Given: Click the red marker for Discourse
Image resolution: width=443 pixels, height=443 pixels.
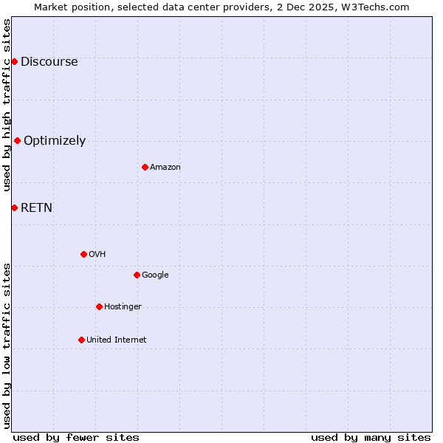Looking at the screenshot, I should [x=14, y=61].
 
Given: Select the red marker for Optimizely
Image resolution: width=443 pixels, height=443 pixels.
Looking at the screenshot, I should [x=17, y=140].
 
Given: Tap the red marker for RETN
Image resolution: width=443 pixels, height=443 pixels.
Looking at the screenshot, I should [x=14, y=207].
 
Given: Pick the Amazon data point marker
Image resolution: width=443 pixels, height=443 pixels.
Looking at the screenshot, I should [x=145, y=167].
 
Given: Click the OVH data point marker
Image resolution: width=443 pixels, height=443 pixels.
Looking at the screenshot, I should [x=83, y=254].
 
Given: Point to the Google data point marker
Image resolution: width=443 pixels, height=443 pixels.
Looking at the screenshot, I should [x=137, y=275].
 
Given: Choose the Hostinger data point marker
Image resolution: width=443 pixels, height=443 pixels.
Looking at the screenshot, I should [x=99, y=306].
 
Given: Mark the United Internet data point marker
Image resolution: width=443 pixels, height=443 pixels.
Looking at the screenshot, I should [x=81, y=340].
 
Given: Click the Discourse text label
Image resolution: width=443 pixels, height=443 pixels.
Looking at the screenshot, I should [x=49, y=61].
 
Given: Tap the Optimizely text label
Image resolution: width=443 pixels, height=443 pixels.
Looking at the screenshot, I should [x=55, y=140].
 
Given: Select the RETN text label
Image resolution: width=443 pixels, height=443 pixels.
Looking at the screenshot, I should [x=36, y=207].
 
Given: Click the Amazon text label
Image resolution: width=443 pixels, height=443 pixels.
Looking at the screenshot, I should [x=165, y=167].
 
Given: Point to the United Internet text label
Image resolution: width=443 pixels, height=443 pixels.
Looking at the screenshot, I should [x=116, y=340].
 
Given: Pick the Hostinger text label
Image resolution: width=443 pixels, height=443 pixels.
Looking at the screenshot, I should [x=123, y=306].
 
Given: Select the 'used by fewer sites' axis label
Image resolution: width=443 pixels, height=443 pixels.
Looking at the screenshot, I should [x=76, y=437].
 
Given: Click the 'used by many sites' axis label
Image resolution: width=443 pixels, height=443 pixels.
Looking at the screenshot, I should [x=371, y=437].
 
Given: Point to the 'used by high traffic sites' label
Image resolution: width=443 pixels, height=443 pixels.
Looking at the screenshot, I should [x=7, y=105].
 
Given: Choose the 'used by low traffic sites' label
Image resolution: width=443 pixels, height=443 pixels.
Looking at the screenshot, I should [x=7, y=346].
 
